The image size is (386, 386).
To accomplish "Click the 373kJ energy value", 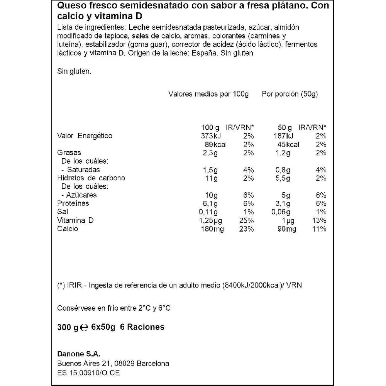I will pyautogui.click(x=212, y=136).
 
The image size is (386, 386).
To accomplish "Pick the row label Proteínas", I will pyautogui.click(x=73, y=203).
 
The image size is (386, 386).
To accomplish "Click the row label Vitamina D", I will pyautogui.click(x=75, y=220).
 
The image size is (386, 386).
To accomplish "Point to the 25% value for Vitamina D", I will pyautogui.click(x=246, y=220).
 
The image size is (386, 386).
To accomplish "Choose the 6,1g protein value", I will pyautogui.click(x=210, y=203).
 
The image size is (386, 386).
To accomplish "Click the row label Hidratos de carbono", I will pyautogui.click(x=91, y=178).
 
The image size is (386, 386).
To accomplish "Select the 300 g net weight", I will pyautogui.click(x=68, y=327).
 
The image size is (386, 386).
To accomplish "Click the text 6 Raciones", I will pyautogui.click(x=142, y=327).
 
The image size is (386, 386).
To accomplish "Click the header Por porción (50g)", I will pyautogui.click(x=289, y=94).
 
